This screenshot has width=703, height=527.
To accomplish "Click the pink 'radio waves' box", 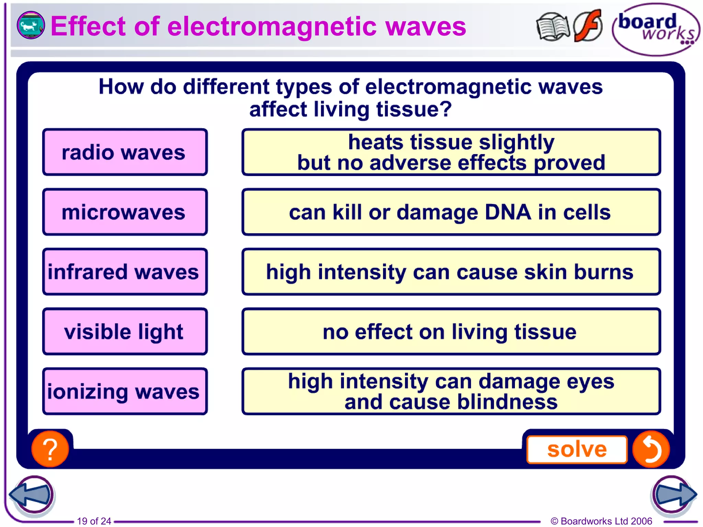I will coord(125,152).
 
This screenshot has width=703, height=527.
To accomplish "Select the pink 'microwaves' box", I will coord(125,212).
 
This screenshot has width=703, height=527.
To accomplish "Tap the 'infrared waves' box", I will coord(125,271).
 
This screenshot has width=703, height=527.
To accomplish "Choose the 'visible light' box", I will coord(125,331).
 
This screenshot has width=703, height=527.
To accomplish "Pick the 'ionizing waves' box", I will coord(125,391).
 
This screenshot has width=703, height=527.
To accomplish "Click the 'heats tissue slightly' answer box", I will coord(451,152).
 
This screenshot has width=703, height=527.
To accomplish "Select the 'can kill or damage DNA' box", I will coord(451,212).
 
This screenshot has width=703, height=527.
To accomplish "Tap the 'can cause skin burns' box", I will coord(451,271).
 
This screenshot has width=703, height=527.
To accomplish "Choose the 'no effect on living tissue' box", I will coord(451,331).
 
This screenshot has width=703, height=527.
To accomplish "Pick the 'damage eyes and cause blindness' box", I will coord(451,391).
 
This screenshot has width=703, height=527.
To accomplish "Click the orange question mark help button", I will coord(50,449).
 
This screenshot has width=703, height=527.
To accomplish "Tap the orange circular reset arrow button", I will coord(651,449).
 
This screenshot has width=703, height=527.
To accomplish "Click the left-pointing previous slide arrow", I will coord(32,494).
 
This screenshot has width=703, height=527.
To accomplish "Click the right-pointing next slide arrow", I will coord(673,494).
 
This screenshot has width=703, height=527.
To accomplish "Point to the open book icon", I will coord(552,27).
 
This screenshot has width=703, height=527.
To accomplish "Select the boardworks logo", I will coord(655,30).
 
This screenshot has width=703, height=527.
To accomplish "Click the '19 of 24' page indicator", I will coord(94,521).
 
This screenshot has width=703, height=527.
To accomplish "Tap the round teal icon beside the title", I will coord(31,25).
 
